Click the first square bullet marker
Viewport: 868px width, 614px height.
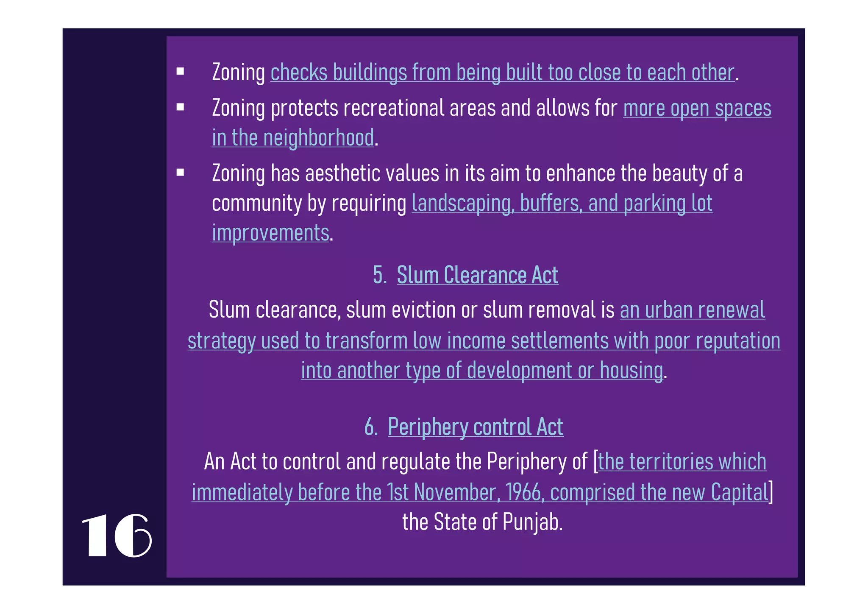(x=181, y=71)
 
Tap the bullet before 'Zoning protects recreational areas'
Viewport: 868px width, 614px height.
(x=181, y=107)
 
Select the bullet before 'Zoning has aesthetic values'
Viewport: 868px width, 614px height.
(x=181, y=172)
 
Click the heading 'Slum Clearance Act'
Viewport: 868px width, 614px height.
(x=477, y=275)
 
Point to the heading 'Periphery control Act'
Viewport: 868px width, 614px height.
(x=475, y=427)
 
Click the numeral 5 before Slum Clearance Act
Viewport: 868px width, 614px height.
(x=378, y=275)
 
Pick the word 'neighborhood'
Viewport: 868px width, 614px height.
(x=319, y=138)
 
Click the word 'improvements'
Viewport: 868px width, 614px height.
(x=270, y=233)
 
